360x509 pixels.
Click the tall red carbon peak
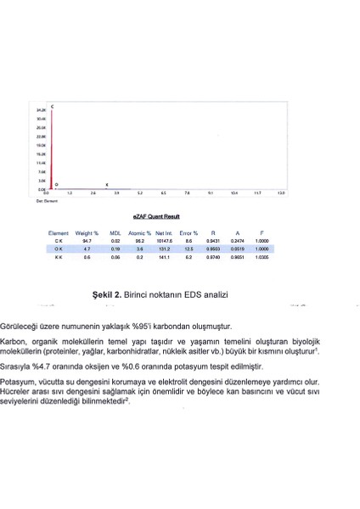coord(53,148)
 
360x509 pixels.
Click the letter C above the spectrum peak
coord(53,106)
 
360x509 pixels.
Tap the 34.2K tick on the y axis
coord(41,110)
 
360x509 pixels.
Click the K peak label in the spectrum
coord(106,184)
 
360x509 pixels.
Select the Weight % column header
coord(87,232)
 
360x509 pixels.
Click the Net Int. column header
coord(164,232)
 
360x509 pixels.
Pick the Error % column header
coord(188,232)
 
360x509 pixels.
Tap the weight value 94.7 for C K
coord(87,242)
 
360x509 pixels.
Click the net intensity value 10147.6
coord(164,242)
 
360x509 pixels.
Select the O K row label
coord(58,249)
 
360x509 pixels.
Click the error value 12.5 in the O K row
coord(188,249)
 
